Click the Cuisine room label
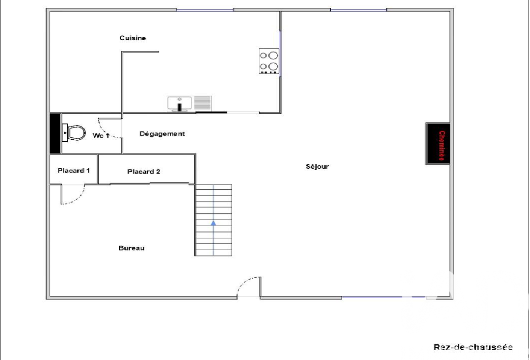tap(133, 38)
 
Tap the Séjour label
tap(317, 166)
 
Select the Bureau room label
tap(132, 248)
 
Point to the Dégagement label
tap(162, 134)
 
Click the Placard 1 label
tap(74, 171)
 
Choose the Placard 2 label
tap(144, 172)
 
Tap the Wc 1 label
tap(101, 135)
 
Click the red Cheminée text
tap(442, 146)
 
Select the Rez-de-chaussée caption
tap(473, 347)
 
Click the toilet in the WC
tap(74, 133)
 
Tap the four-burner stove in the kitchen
tap(269, 61)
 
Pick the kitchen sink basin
tap(180, 103)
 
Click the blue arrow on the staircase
tap(213, 223)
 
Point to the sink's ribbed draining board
tap(203, 103)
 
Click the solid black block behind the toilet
tap(55, 133)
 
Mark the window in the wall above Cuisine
tap(205, 10)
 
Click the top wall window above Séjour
tap(359, 10)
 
